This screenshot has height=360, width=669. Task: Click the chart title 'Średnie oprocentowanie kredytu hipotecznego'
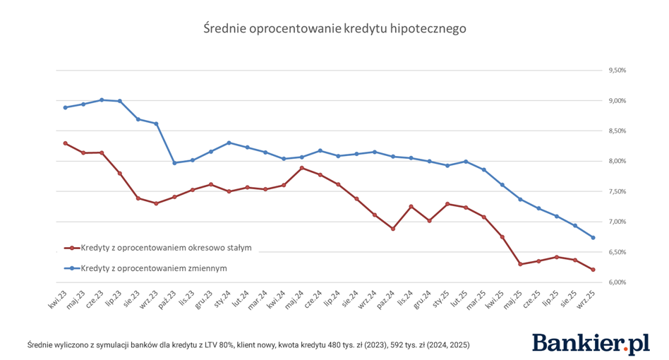point(334,29)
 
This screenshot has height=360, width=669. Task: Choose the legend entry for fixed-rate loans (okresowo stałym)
point(166,248)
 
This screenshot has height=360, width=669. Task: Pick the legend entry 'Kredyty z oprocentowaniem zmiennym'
point(153,268)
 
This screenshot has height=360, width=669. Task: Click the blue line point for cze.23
point(102,100)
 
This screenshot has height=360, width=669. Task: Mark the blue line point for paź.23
point(174,163)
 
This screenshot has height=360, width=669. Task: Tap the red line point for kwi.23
point(65,143)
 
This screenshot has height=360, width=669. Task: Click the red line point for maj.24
point(302,168)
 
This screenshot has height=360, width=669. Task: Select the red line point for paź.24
point(393,229)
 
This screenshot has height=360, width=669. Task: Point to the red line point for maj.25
point(520,264)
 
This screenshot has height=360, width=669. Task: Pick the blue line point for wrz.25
point(593,237)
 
